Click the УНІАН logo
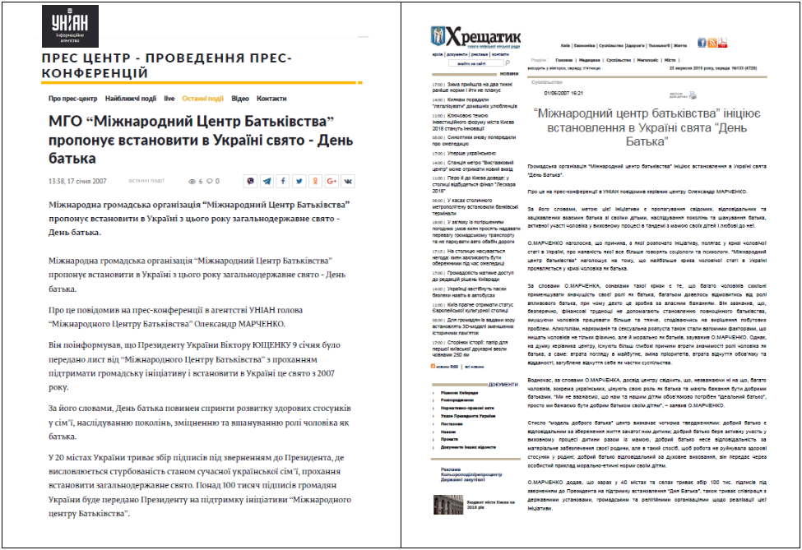[70, 26]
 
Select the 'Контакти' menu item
[271, 99]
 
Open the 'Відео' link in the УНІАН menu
[240, 99]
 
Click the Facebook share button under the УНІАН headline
[284, 181]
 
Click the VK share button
[348, 181]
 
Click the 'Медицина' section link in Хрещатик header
[589, 59]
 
